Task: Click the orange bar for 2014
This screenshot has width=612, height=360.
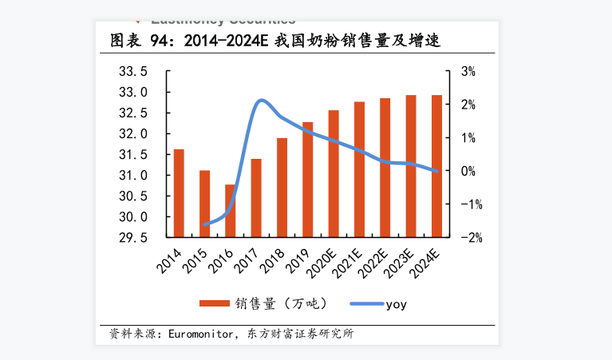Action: pyautogui.click(x=179, y=193)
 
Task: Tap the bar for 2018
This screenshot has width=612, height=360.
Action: pyautogui.click(x=282, y=188)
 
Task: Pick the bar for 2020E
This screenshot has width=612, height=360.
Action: pyautogui.click(x=334, y=173)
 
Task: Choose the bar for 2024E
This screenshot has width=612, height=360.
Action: pyautogui.click(x=436, y=166)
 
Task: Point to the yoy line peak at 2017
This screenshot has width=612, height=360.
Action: pyautogui.click(x=261, y=101)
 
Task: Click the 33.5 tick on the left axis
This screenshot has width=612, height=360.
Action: pyautogui.click(x=132, y=72)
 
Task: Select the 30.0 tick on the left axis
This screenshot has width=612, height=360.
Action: pyautogui.click(x=132, y=217)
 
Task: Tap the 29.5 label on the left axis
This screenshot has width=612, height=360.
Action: pyautogui.click(x=132, y=238)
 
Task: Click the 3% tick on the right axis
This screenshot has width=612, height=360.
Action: pyautogui.click(x=468, y=72)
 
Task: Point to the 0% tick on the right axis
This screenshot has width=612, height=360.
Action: pyautogui.click(x=468, y=171)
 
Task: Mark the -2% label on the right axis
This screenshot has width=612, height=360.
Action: pyautogui.click(x=467, y=238)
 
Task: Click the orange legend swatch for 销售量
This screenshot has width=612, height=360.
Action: pyautogui.click(x=213, y=303)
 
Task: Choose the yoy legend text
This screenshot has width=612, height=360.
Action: pyautogui.click(x=397, y=304)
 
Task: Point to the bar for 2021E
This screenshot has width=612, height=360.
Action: pyautogui.click(x=359, y=169)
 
